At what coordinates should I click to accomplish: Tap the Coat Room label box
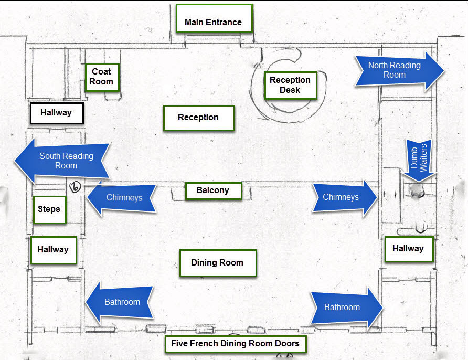click(101, 77)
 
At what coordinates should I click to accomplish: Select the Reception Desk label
click(290, 85)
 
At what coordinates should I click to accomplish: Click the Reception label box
click(198, 118)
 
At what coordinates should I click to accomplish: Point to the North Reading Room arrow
click(398, 70)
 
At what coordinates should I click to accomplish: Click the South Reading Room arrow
click(62, 161)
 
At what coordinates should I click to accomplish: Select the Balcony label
click(213, 190)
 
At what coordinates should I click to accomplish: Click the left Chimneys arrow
click(122, 197)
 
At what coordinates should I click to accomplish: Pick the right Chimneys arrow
click(344, 197)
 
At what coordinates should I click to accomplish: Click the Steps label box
click(49, 209)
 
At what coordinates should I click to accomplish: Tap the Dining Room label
click(217, 263)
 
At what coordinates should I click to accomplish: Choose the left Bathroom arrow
click(120, 302)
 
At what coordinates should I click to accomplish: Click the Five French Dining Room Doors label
click(235, 344)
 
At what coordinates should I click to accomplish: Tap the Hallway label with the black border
click(56, 113)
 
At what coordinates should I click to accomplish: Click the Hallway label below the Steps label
click(53, 250)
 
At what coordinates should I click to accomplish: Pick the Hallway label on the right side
click(408, 249)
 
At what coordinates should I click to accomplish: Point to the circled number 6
click(76, 186)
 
